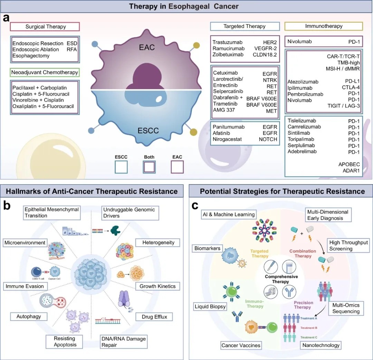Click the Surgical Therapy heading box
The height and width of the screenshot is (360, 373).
tap(45, 27)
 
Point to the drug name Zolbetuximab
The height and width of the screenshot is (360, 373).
tap(228, 55)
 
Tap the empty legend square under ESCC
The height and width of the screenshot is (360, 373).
tap(121, 167)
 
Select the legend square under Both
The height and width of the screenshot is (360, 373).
tap(149, 167)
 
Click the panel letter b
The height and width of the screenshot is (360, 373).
tap(7, 205)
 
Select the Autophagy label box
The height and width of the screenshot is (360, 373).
tap(29, 316)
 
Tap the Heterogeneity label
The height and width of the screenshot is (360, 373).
tap(159, 243)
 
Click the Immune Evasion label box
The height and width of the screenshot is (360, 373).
tap(24, 286)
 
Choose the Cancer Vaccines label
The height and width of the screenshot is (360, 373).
tap(241, 345)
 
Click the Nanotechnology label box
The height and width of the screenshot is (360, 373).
tap(321, 345)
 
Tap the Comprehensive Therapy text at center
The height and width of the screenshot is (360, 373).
tap(281, 279)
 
